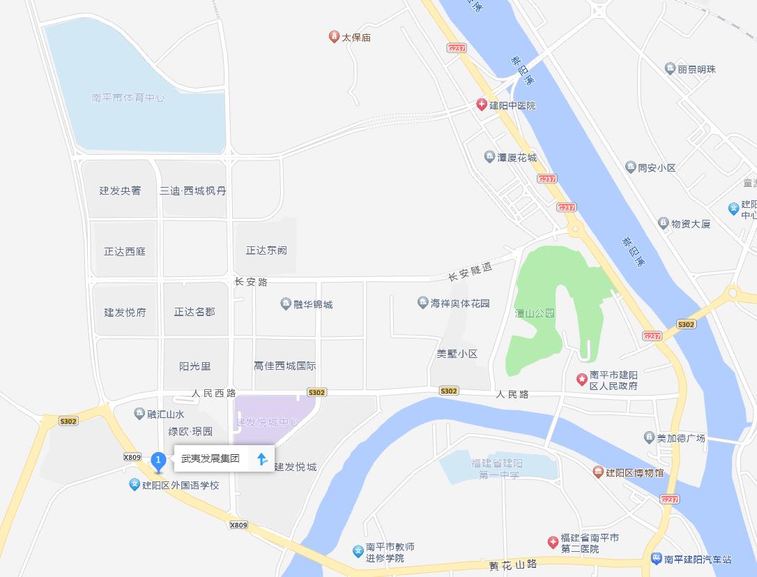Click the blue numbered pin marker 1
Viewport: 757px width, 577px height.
pos(158,460)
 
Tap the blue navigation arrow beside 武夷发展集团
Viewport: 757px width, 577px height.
pos(262,458)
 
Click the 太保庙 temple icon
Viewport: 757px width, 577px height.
pos(334,36)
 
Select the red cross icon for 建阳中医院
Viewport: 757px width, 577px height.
pos(481,105)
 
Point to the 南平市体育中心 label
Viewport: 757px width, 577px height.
pos(128,98)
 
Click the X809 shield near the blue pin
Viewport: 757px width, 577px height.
pos(132,457)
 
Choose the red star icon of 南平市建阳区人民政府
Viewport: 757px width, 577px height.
pos(581,380)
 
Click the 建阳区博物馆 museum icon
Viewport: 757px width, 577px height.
pos(597,472)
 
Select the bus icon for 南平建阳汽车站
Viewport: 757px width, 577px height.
pos(656,559)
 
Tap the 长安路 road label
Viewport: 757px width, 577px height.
pos(251,282)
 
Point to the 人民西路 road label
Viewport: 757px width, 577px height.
pos(214,394)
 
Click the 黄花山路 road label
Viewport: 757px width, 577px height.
pos(513,564)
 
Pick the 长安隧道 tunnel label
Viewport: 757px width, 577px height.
pos(470,271)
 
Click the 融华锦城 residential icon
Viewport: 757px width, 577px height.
pos(286,304)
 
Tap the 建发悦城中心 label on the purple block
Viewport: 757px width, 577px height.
pos(267,422)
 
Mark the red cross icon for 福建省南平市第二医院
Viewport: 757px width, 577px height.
pos(553,542)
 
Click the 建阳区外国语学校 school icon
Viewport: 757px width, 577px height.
pos(135,484)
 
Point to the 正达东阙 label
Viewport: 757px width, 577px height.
pos(266,250)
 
